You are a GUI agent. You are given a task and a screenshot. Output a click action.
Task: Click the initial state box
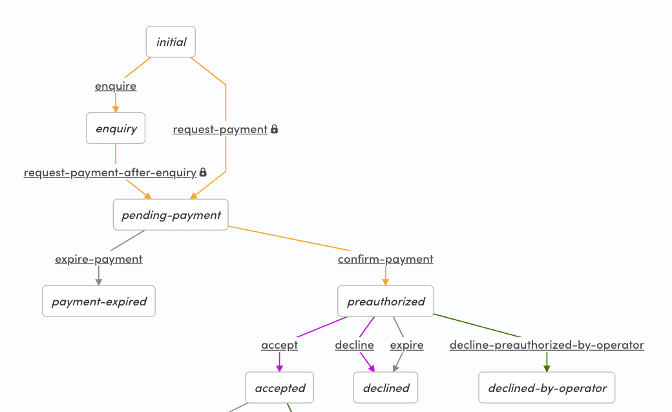point(171,42)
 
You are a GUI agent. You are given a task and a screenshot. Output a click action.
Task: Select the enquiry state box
point(116,129)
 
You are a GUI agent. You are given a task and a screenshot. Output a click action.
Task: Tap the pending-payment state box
point(171,215)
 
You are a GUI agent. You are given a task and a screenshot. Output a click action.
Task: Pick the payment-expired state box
point(99,302)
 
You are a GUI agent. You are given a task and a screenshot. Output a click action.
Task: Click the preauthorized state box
point(386,302)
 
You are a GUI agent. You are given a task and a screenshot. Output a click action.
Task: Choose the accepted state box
point(280,388)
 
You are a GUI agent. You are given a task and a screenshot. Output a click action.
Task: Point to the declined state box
point(386,388)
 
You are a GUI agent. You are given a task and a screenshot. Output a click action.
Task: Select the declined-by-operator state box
point(547,388)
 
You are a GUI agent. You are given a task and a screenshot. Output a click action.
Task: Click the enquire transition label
point(116,86)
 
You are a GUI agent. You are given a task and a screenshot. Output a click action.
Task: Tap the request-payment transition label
point(220,129)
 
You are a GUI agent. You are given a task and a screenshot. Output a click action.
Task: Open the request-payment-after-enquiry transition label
point(110,172)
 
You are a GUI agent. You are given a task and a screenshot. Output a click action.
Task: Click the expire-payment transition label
point(99,259)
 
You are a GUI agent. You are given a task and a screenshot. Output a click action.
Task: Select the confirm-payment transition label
point(386,259)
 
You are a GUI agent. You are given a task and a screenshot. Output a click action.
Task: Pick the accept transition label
point(280,345)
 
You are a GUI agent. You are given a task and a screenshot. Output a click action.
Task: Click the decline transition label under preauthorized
point(354,345)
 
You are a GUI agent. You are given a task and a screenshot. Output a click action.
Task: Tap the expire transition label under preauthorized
point(407,345)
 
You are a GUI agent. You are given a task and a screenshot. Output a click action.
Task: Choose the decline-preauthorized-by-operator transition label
point(547,345)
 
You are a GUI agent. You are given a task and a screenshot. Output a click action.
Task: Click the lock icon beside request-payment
point(274,129)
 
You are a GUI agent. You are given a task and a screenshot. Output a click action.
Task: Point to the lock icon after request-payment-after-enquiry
point(203,172)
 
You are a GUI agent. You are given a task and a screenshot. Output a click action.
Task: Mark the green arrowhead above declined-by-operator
point(547,368)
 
